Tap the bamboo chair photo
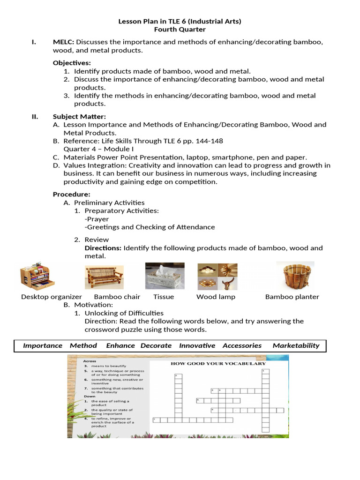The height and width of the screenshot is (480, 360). coord(104,277)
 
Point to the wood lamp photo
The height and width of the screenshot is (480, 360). coord(217,276)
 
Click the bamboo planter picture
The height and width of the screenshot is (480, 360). coord(295,276)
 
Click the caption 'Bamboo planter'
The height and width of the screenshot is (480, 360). coord(292,297)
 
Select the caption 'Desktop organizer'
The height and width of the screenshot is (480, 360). coord(52,297)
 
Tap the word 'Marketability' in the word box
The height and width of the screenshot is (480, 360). coord(296,345)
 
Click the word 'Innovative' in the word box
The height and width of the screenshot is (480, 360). coord(197,345)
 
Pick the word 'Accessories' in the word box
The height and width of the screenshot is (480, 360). coord(242,345)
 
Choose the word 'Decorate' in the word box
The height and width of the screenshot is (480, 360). coord(156,345)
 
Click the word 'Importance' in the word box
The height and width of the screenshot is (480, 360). coord(43,345)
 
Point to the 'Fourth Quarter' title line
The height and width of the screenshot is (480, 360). coord(180,30)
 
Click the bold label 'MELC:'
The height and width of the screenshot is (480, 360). coord(63,42)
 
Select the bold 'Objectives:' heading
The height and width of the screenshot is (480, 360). coord(72,63)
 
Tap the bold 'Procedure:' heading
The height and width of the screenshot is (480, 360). coord(71,194)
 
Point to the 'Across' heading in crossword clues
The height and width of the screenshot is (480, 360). coord(90,361)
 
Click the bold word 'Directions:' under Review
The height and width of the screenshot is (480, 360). coord(103,248)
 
